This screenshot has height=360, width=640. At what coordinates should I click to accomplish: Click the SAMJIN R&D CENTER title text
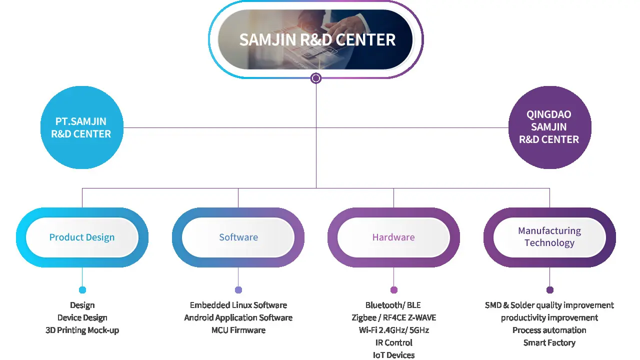(317, 39)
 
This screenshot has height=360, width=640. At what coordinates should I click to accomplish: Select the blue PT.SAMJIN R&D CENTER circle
(81, 127)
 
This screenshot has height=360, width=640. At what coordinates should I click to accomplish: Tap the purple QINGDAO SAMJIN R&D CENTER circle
(549, 127)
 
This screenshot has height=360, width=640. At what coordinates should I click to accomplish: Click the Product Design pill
(82, 237)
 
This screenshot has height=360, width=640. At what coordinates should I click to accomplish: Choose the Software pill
(238, 237)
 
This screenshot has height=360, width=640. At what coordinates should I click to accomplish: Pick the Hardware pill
(393, 237)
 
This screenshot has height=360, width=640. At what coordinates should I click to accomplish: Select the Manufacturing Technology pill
(549, 237)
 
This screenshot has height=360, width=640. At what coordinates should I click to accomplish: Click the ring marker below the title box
(315, 78)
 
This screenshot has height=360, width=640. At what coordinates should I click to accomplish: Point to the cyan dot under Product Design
(82, 290)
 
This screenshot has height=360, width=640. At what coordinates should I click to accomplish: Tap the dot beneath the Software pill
(238, 290)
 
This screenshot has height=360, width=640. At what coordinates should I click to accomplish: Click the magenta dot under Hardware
(394, 290)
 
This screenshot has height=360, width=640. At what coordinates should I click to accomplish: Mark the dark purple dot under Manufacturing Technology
(550, 290)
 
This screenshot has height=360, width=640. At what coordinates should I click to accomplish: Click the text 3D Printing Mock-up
(82, 330)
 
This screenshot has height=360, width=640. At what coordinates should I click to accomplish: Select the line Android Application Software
(238, 317)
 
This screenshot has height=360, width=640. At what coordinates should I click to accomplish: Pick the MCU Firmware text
(238, 330)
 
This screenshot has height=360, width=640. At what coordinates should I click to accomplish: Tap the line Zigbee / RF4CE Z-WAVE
(393, 317)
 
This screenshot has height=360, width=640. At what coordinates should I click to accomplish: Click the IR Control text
(393, 342)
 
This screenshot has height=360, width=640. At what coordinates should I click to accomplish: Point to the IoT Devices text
(393, 355)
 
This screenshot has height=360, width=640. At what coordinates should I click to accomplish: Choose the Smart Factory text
(549, 342)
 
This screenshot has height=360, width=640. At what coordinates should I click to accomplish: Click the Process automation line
(549, 330)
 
